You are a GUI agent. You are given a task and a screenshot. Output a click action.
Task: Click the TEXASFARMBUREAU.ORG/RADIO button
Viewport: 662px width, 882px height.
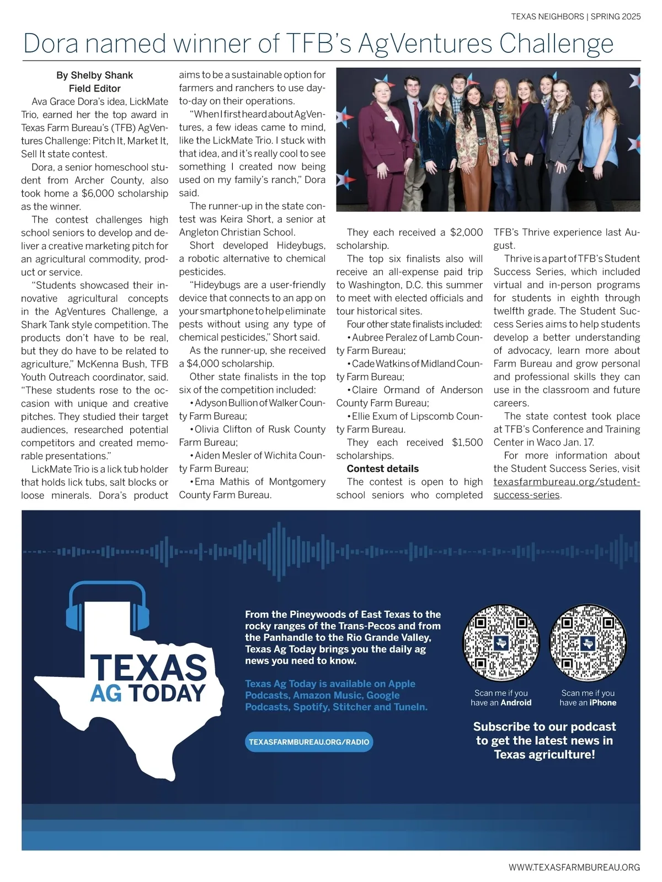click(309, 742)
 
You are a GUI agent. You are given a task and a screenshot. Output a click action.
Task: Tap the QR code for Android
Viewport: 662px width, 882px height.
click(500, 643)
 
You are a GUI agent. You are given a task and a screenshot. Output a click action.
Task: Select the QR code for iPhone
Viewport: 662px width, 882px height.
click(588, 643)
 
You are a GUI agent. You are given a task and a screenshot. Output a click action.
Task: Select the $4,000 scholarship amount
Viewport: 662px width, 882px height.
click(209, 364)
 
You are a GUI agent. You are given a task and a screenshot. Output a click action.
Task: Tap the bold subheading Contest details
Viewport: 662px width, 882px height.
click(382, 469)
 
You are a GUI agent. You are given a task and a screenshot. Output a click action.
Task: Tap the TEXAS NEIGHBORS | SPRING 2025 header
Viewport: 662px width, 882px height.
click(575, 17)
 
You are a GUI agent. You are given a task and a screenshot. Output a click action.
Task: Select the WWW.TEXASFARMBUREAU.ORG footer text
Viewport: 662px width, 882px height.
click(574, 867)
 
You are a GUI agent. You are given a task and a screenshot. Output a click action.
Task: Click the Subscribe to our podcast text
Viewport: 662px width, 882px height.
click(544, 727)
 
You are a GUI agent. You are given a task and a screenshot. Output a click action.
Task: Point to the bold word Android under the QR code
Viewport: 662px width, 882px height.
click(516, 703)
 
